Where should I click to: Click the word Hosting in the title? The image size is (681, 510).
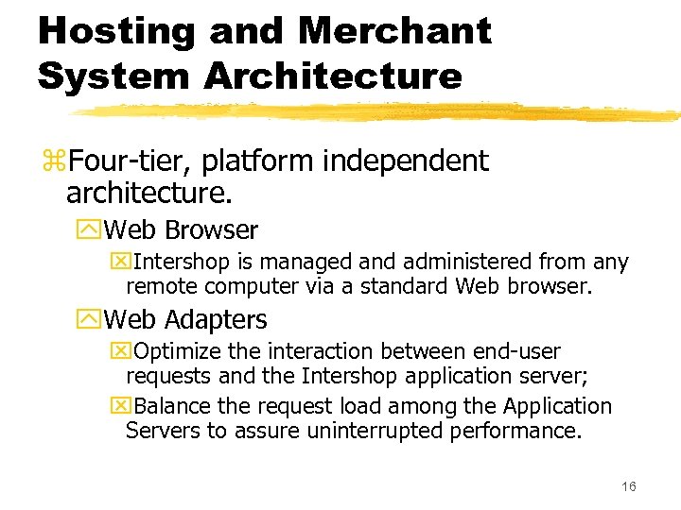tap(116, 31)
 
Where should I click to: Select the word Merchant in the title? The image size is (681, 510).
tap(394, 31)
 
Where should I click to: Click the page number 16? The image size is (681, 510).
tap(629, 486)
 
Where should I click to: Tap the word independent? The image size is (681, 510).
tap(406, 161)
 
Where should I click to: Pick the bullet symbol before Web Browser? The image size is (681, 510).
tap(93, 230)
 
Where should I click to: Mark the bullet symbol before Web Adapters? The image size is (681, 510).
tap(93, 320)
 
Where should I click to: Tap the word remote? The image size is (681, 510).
tap(160, 285)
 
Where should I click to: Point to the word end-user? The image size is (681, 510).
tap(518, 352)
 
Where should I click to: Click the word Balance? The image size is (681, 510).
tap(171, 407)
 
